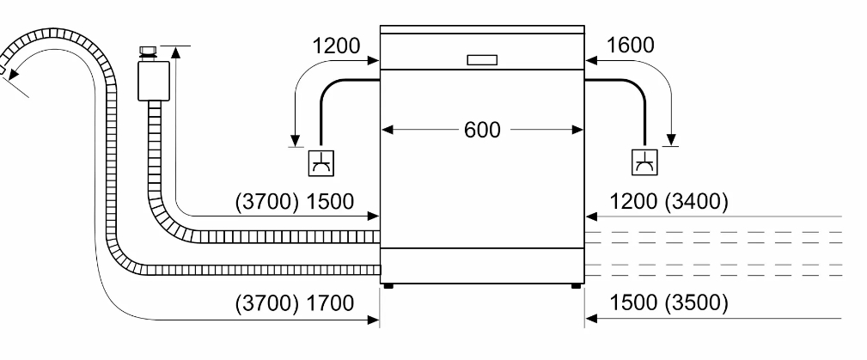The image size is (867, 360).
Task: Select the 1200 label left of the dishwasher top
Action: (337, 46)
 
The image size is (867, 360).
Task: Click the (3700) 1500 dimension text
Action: (296, 202)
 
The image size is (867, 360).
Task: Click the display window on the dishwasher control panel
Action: (482, 59)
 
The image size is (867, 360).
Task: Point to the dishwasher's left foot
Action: (390, 286)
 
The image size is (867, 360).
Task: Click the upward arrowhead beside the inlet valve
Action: (176, 52)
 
